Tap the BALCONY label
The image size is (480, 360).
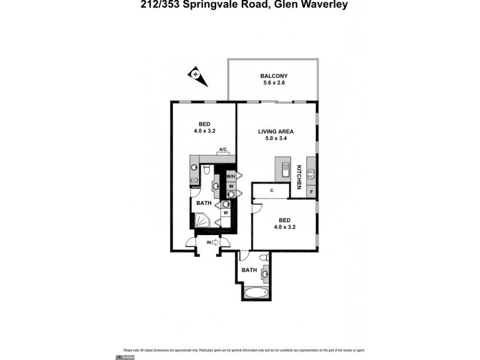point(274,76)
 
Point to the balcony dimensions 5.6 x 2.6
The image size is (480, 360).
point(274,83)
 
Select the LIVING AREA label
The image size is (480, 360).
point(274,131)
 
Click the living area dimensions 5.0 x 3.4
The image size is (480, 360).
point(274,139)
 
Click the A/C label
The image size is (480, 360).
point(222,149)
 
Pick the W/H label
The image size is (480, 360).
point(230,176)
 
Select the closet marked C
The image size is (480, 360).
point(272,191)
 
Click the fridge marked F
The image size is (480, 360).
point(311,191)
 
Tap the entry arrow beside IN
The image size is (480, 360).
point(216,242)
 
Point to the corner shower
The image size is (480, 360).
point(202,221)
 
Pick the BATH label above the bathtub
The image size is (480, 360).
point(249,270)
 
